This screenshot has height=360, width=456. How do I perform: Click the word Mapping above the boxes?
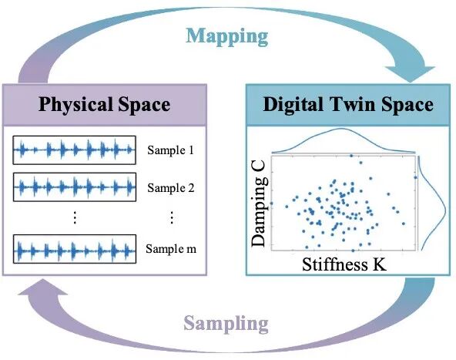tap(226, 37)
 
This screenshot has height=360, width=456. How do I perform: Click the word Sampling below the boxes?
tap(226, 324)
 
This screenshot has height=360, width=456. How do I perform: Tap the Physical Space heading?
tap(105, 105)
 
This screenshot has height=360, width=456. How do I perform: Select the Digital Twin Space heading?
tap(348, 105)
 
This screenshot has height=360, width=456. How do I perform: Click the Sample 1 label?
tap(170, 150)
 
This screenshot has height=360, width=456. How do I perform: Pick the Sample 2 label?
tap(171, 188)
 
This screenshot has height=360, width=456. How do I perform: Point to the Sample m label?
tap(171, 249)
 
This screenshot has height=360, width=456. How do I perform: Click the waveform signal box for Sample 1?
tap(75, 150)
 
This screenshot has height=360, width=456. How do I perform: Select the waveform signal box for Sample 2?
tap(75, 187)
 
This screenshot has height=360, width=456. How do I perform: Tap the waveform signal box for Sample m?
tap(75, 249)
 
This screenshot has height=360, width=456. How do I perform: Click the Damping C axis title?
tap(259, 204)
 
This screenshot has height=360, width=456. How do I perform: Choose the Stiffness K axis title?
tap(344, 264)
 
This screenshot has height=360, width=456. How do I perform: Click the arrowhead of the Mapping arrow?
tap(410, 74)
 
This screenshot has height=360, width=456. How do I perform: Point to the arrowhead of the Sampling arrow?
tap(43, 287)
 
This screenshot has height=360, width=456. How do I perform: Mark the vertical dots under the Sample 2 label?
tap(172, 217)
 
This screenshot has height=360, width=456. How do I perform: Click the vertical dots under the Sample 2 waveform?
tap(75, 217)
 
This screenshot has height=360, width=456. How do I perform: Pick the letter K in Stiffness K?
tap(379, 264)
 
